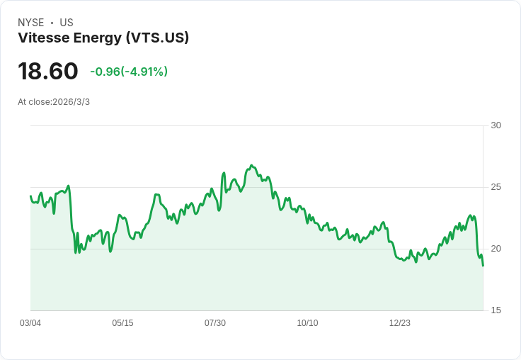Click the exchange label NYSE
click(x=31, y=23)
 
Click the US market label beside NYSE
click(x=67, y=23)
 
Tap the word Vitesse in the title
click(x=44, y=38)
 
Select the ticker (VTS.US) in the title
click(x=157, y=38)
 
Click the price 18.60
click(x=47, y=72)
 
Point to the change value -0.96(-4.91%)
click(x=129, y=72)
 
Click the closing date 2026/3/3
click(x=71, y=102)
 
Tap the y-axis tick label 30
click(x=496, y=125)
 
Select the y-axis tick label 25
click(x=496, y=187)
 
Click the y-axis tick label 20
click(x=496, y=249)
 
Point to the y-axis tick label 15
click(x=496, y=310)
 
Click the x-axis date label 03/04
click(x=30, y=323)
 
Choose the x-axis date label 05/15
click(x=122, y=323)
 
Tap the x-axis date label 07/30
click(x=215, y=323)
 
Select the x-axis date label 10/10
click(x=307, y=323)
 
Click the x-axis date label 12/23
click(x=400, y=323)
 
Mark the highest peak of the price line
click(x=251, y=166)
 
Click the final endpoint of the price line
click(x=483, y=266)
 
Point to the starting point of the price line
click(x=30, y=196)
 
